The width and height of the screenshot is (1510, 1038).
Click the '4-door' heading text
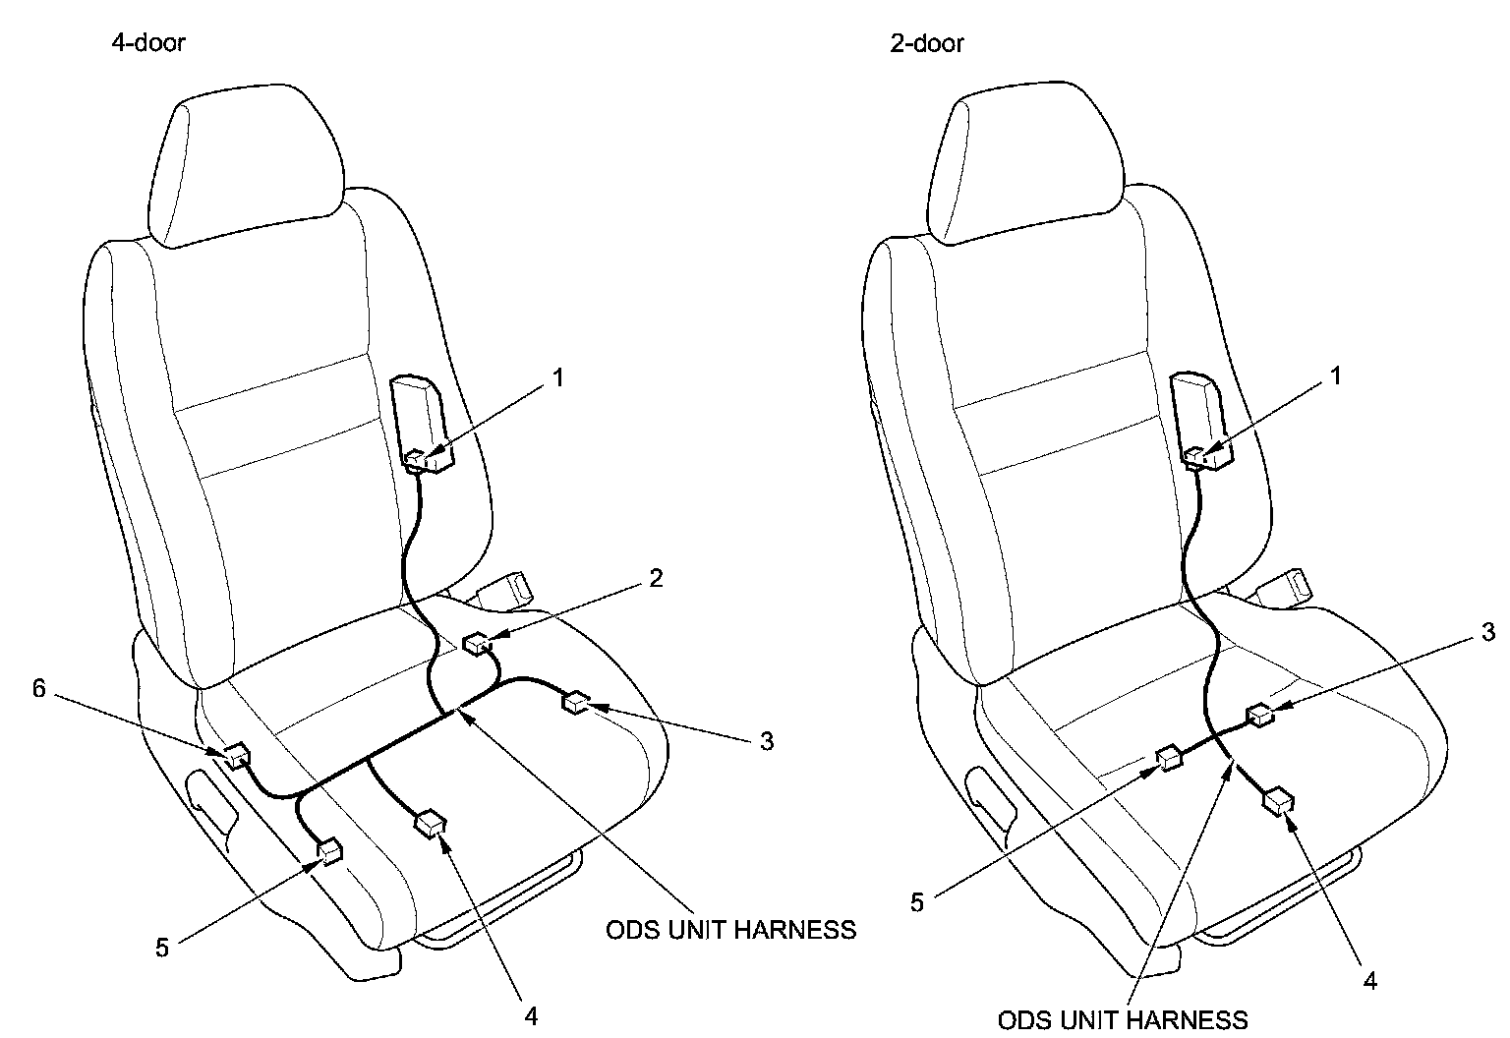click(x=147, y=43)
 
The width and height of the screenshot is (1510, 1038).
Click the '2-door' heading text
click(x=926, y=43)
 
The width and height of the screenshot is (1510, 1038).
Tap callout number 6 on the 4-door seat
click(x=39, y=688)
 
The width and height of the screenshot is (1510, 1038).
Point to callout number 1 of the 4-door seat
click(x=557, y=376)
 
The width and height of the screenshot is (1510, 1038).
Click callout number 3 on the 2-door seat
click(x=1488, y=632)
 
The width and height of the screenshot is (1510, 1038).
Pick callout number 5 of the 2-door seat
click(x=917, y=902)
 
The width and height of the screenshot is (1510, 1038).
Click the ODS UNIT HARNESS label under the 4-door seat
click(x=730, y=930)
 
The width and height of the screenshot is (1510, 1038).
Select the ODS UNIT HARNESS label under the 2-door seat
click(x=1123, y=1019)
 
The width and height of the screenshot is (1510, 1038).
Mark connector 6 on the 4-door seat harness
click(x=237, y=756)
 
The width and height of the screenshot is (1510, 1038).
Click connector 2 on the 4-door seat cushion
click(x=478, y=644)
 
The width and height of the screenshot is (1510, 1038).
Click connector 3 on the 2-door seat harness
click(x=1259, y=716)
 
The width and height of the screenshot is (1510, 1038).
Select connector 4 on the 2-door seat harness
click(x=1278, y=801)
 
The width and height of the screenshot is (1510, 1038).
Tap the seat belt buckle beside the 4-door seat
click(x=506, y=588)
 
